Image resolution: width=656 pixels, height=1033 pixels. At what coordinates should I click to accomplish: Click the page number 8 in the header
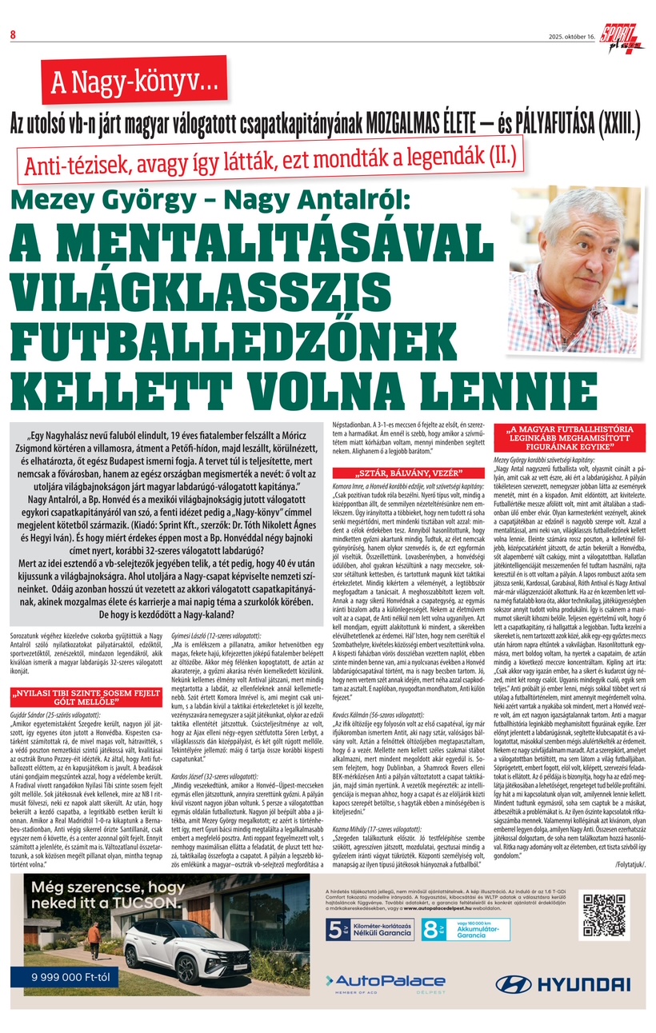coord(13,34)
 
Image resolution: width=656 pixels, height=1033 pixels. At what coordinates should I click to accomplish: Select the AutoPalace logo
coord(385,982)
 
